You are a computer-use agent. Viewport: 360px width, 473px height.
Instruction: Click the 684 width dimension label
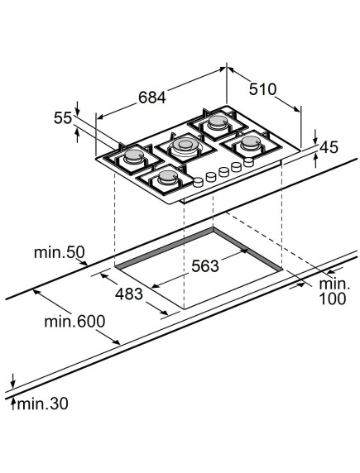click(152, 97)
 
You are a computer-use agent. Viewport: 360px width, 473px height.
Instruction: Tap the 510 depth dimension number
click(262, 89)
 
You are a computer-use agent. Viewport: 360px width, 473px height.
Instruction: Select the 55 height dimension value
click(63, 117)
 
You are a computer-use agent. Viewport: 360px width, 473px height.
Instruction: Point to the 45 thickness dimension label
click(329, 147)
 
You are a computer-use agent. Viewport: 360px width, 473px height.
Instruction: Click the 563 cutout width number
click(205, 265)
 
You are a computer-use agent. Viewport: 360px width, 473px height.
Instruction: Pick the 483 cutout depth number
click(128, 294)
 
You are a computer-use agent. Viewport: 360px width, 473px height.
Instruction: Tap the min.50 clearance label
click(60, 252)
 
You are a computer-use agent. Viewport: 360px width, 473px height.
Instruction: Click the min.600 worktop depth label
click(74, 322)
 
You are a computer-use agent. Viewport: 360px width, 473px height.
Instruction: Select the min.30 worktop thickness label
click(42, 404)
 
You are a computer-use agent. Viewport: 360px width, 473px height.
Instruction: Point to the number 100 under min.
click(332, 299)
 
